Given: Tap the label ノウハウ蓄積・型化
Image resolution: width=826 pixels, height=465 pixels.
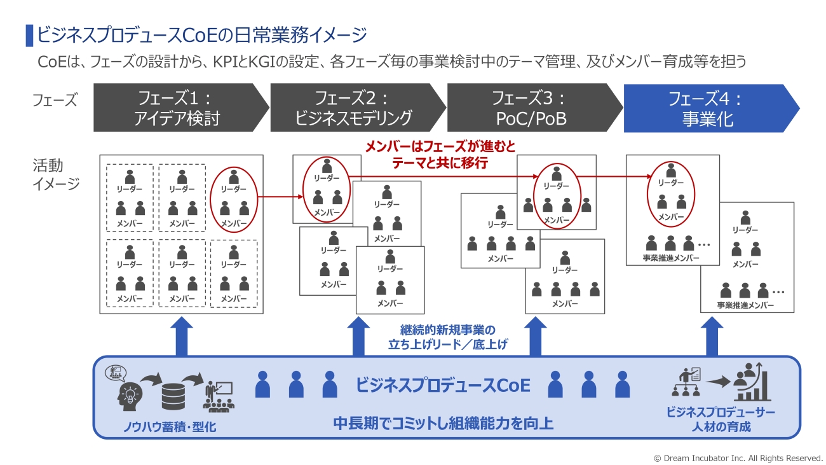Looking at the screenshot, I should [170, 427].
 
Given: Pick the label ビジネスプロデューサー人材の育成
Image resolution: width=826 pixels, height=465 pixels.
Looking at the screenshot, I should [721, 419].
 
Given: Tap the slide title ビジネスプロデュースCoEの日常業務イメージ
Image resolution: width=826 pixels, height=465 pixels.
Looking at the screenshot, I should [201, 34].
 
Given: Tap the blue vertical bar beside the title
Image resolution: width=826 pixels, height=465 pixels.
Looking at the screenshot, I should [29, 35].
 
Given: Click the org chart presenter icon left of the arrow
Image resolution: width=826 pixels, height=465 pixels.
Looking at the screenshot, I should [687, 382].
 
